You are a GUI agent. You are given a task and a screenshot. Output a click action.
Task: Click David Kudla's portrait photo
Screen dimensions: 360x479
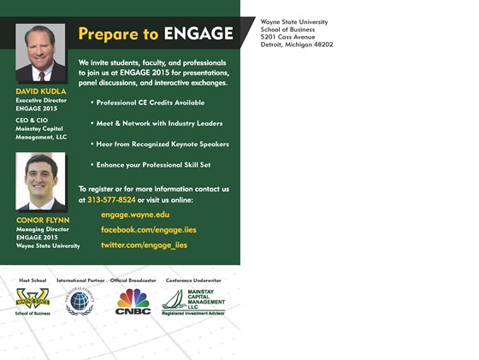(x=39, y=53)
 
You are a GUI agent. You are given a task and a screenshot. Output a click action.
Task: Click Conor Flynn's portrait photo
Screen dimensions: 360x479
(x=39, y=181)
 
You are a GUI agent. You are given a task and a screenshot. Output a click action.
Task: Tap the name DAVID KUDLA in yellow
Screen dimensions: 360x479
(x=41, y=91)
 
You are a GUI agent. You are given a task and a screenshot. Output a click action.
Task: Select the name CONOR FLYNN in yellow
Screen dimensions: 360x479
(x=42, y=220)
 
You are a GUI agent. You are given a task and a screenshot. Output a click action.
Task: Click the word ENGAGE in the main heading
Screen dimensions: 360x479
(x=198, y=34)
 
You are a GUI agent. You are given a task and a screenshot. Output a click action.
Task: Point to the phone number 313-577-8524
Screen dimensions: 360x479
(x=111, y=200)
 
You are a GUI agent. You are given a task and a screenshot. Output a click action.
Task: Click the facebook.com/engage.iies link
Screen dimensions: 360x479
(x=149, y=230)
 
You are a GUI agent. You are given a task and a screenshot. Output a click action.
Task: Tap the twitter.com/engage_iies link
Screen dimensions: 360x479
(x=144, y=245)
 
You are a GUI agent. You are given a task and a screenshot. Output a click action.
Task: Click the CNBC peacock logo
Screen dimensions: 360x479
(x=133, y=302)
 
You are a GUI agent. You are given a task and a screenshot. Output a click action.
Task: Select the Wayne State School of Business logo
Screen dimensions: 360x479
(x=33, y=302)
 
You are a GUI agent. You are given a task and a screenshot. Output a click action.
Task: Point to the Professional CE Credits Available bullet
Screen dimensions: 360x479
(x=151, y=102)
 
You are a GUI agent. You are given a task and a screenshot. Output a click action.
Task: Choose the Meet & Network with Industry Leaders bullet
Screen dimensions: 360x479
(x=159, y=123)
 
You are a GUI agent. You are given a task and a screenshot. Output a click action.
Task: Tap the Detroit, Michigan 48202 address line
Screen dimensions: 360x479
(x=296, y=44)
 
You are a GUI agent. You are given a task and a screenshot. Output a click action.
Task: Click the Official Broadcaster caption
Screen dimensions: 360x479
(x=133, y=280)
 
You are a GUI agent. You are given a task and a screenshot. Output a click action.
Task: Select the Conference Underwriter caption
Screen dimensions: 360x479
(x=193, y=280)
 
